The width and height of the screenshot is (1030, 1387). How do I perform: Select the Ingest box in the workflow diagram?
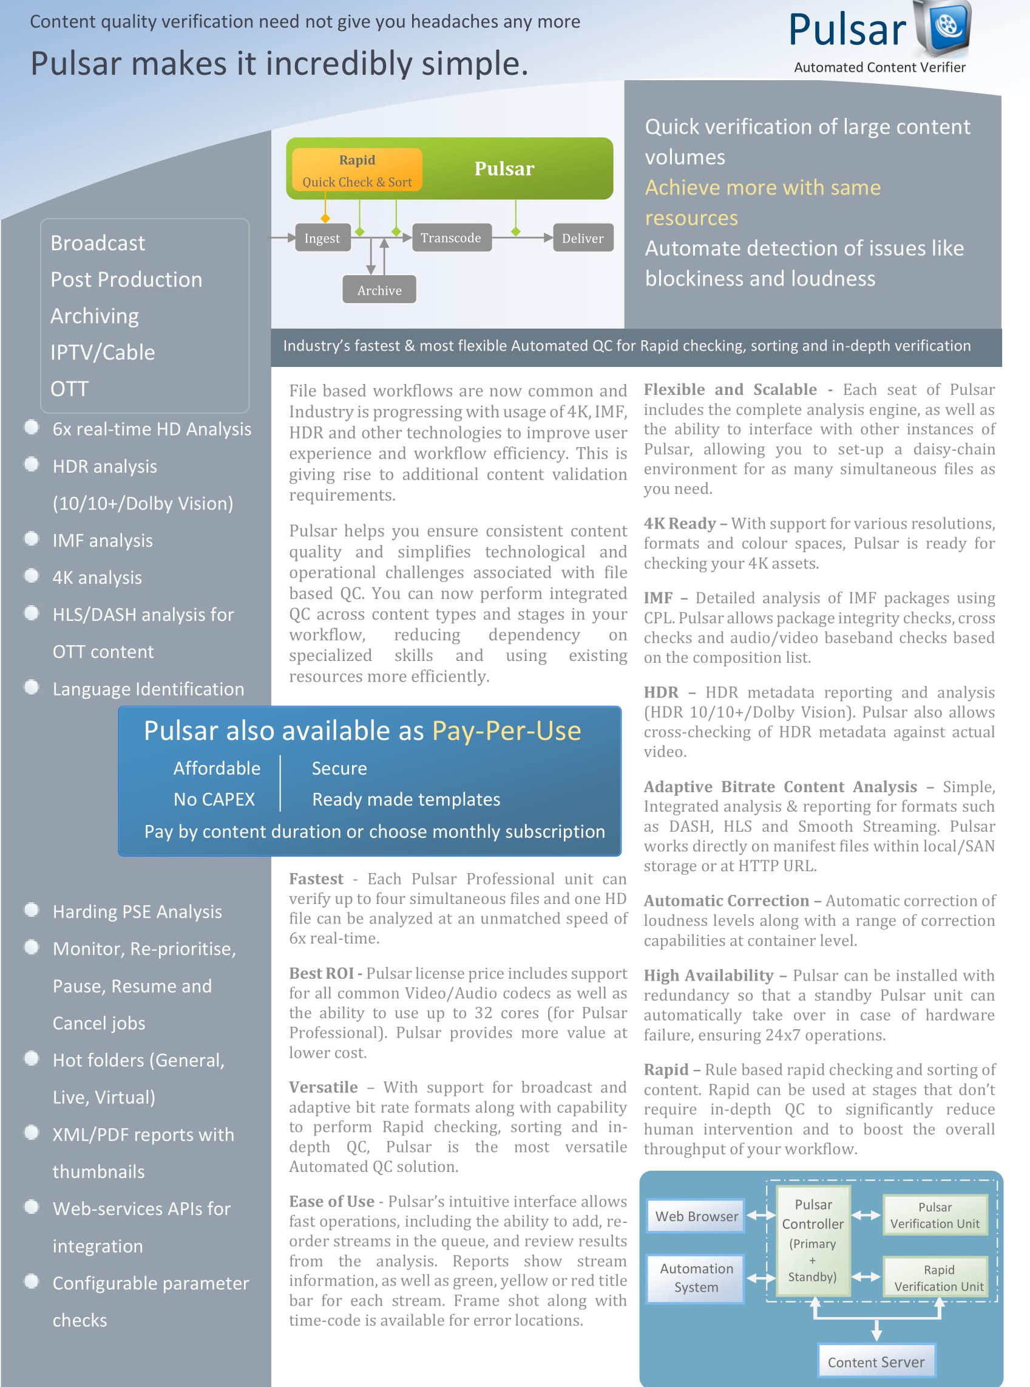pos(322,238)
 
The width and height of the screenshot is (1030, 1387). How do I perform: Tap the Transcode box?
pos(451,238)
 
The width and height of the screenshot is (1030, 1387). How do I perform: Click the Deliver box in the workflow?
pos(582,238)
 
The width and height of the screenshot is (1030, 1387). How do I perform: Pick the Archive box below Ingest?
pos(379,290)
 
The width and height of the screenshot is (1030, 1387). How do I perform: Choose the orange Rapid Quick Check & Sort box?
pos(357,170)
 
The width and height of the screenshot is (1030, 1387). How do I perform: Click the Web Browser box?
pos(696,1216)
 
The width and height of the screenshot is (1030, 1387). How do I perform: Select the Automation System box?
pos(696,1278)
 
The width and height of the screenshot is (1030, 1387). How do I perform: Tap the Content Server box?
pos(876,1362)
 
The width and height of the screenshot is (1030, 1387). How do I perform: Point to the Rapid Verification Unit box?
pos(938,1278)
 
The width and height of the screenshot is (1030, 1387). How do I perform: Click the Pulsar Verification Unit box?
pos(935,1215)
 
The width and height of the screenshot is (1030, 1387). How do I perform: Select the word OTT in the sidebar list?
pos(69,389)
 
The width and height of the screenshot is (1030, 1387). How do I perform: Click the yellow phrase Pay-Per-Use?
pos(506,731)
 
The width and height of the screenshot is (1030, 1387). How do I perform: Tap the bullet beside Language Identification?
pos(31,687)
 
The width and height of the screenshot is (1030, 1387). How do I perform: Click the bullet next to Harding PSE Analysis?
pos(31,909)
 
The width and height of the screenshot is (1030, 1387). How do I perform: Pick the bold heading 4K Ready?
pos(680,524)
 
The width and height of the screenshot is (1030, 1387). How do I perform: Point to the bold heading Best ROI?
pos(321,973)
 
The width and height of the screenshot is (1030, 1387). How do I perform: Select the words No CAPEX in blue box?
pos(214,800)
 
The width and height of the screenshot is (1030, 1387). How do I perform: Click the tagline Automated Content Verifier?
pos(879,67)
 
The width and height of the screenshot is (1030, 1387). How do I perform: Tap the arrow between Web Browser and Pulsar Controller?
pos(761,1216)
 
